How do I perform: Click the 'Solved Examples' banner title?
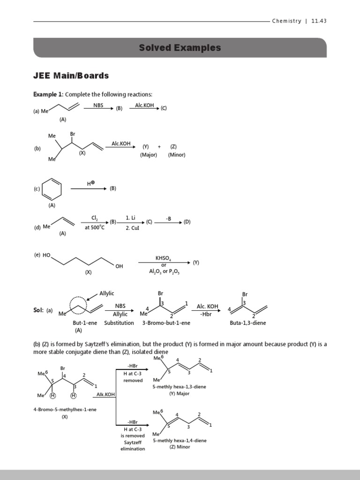click(180, 48)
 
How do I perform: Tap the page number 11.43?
click(319, 21)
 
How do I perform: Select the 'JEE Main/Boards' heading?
click(71, 75)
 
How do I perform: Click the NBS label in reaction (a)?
click(98, 105)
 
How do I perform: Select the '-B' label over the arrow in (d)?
click(169, 218)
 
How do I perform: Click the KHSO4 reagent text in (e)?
click(164, 258)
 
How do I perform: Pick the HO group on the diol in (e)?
click(46, 255)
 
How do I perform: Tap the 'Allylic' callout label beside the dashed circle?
click(106, 293)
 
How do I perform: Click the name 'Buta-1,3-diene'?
click(245, 323)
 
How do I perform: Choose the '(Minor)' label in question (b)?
click(177, 155)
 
